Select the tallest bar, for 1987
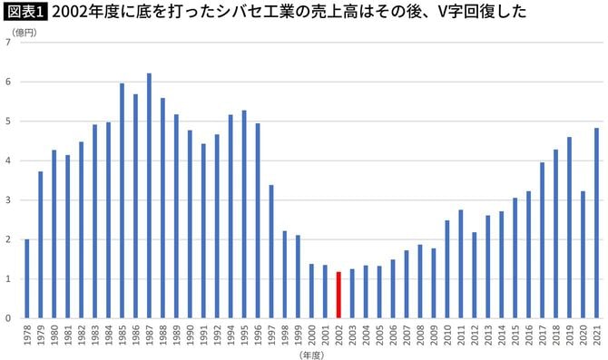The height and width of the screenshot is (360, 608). click(x=149, y=196)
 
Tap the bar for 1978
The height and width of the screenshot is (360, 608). click(x=27, y=278)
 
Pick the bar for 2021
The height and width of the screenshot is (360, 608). click(x=596, y=223)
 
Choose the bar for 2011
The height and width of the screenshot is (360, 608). click(x=461, y=264)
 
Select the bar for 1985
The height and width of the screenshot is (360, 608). click(x=122, y=200)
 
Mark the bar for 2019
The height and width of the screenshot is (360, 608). click(x=569, y=228)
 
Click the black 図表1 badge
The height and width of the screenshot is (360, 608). click(x=26, y=12)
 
